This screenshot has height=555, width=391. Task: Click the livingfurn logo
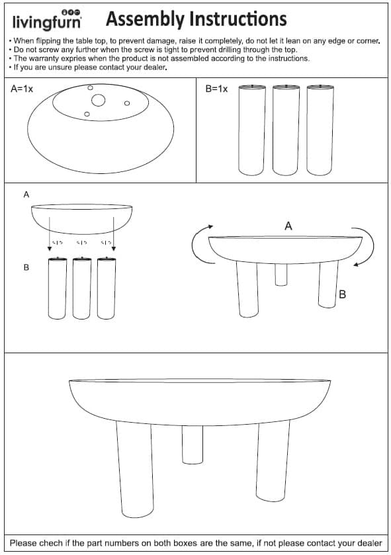47,20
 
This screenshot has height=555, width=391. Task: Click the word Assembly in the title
144,19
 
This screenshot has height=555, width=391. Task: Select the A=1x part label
22,89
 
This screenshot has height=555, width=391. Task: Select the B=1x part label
216,89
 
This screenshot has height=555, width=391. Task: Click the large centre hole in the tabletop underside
98,101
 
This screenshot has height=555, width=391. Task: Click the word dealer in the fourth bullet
155,67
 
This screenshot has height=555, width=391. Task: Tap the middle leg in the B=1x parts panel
286,130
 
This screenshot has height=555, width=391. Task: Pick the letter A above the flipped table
288,226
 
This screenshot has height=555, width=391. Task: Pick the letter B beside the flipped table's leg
342,294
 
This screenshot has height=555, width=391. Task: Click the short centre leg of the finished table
193,445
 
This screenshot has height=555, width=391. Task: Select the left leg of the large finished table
136,470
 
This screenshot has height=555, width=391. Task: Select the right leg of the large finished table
272,461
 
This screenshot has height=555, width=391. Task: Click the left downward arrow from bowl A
50,234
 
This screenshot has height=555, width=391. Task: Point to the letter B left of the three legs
26,268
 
